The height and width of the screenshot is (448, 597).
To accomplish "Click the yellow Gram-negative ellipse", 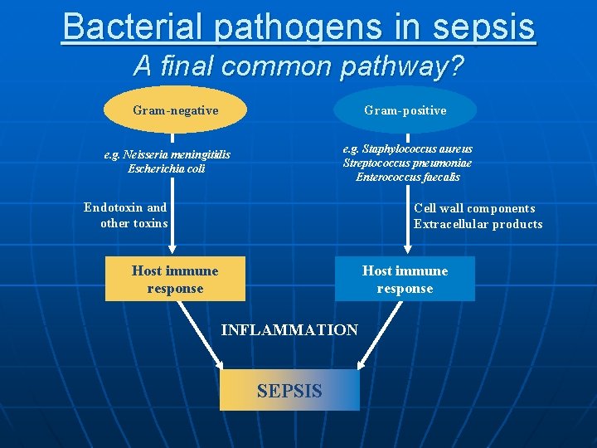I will (175, 110).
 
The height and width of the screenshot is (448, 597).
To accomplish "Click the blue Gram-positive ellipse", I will (405, 110).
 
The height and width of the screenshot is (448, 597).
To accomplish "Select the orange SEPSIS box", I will (289, 390).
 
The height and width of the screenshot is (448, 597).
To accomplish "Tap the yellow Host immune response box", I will (175, 280).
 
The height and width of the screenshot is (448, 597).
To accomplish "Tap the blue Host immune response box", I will (405, 280).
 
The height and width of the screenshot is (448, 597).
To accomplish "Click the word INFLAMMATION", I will (289, 330).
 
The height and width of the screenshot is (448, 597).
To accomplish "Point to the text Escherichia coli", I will (167, 169).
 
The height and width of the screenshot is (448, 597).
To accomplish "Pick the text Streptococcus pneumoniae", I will (407, 163).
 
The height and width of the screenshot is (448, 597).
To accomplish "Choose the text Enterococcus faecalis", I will (407, 177).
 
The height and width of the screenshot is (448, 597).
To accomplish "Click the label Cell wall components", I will (474, 208).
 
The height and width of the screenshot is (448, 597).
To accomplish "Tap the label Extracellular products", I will (478, 224).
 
